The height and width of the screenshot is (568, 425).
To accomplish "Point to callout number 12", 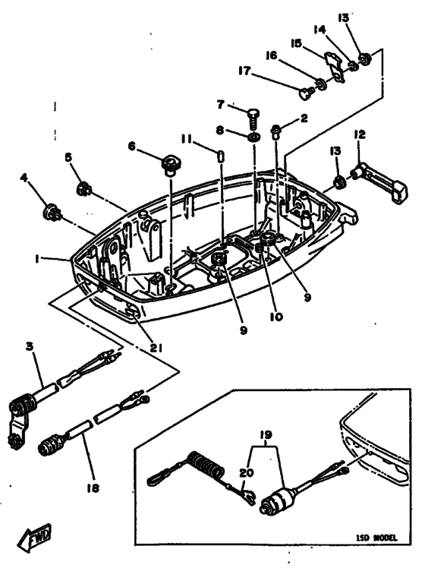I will tap(360, 134).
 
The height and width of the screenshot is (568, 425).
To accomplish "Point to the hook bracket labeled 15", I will tap(332, 65).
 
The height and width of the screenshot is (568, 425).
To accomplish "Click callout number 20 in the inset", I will tap(244, 472).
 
